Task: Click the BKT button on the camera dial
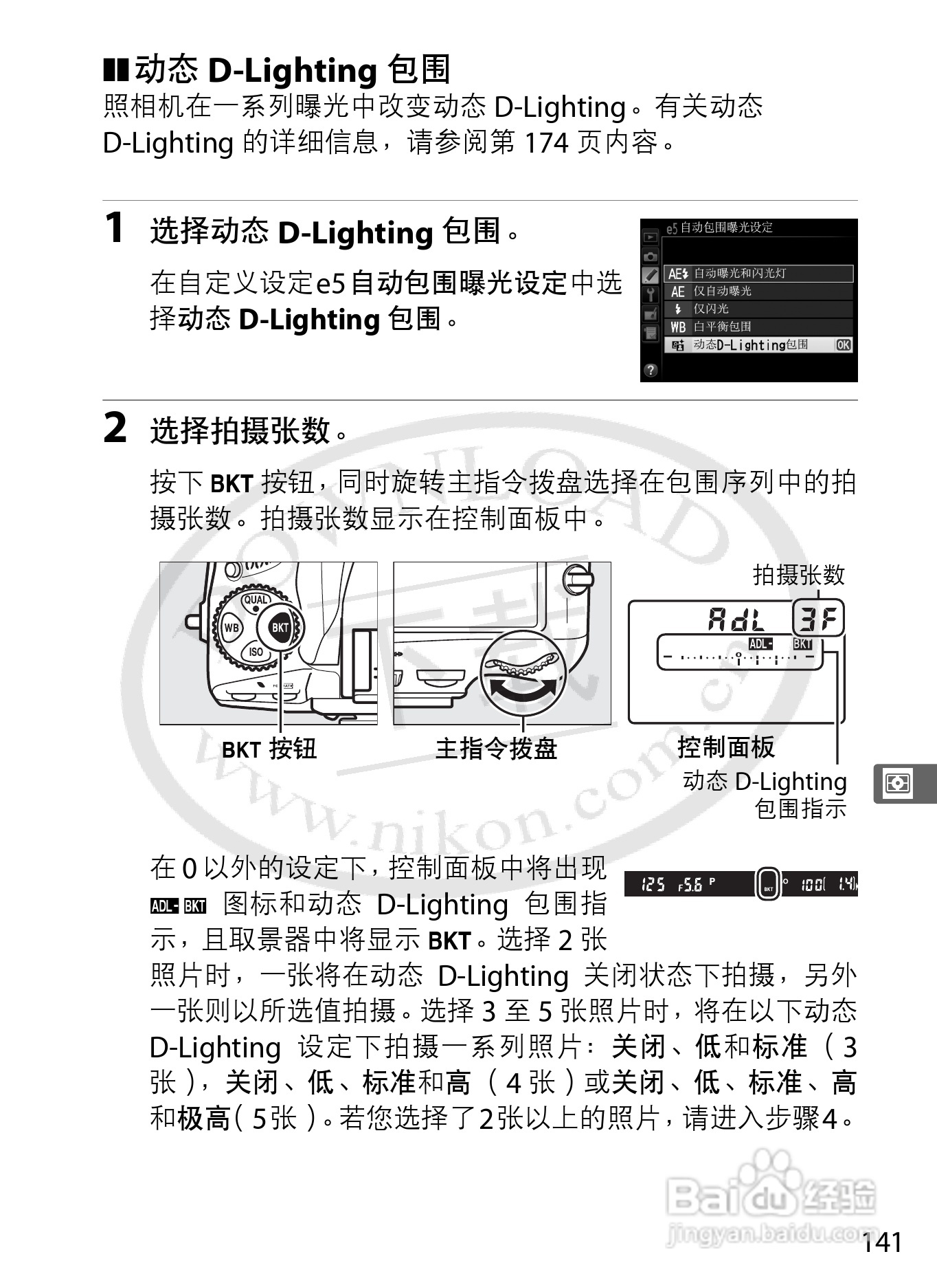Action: point(280,627)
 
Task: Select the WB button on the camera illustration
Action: point(232,628)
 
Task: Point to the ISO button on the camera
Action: point(256,652)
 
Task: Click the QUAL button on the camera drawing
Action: point(256,600)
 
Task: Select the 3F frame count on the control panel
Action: point(818,619)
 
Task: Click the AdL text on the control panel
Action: point(736,620)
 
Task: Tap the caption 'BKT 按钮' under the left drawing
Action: point(269,749)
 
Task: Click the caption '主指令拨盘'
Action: point(496,749)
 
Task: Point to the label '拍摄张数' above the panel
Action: point(798,575)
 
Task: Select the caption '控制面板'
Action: point(726,747)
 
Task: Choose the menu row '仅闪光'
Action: point(710,309)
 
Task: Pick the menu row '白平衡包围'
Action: point(722,327)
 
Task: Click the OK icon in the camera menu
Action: point(843,345)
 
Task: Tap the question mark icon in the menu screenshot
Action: point(650,370)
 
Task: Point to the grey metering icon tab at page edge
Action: point(898,783)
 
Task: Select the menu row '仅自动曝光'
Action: point(722,291)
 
